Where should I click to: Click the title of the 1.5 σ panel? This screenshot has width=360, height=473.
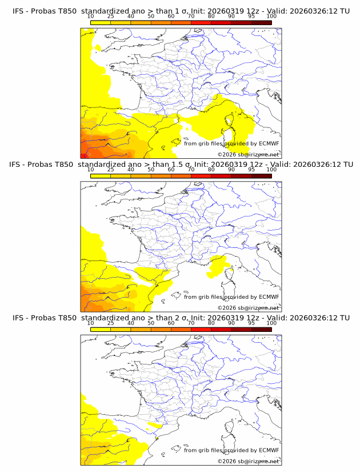tap(181, 165)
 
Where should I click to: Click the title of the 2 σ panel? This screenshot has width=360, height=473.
tap(181, 318)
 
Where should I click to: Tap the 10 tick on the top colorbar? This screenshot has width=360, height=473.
tap(91, 16)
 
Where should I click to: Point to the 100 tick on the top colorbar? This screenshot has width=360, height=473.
tap(271, 16)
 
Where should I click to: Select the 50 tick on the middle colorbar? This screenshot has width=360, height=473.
tap(151, 170)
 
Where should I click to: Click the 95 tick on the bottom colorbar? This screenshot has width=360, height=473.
tap(251, 323)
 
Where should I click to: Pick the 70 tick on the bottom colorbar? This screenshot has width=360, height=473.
tap(191, 323)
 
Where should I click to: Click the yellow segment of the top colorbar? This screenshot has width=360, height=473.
tap(101, 22)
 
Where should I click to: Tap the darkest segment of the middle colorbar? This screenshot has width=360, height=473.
tap(261, 176)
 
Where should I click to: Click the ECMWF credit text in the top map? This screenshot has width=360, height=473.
tap(231, 143)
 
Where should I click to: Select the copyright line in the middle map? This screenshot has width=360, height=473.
tap(248, 308)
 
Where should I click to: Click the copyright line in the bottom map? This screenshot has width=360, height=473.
tap(248, 461)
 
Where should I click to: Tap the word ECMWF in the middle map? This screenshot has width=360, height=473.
tap(269, 296)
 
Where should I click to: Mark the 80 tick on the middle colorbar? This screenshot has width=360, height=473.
tap(211, 170)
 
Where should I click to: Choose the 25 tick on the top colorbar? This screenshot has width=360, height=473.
tap(111, 16)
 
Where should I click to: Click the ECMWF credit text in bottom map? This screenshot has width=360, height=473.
tap(231, 450)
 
